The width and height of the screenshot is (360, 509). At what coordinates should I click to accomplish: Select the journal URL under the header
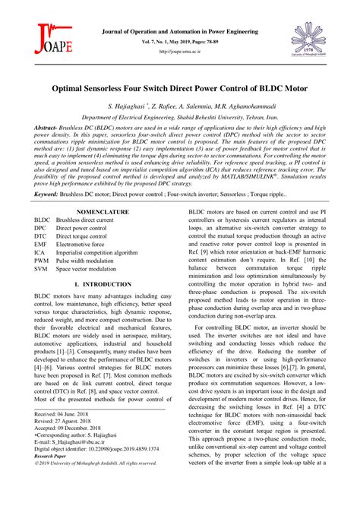179,53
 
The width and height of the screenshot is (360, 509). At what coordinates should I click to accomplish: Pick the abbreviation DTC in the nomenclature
40,236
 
